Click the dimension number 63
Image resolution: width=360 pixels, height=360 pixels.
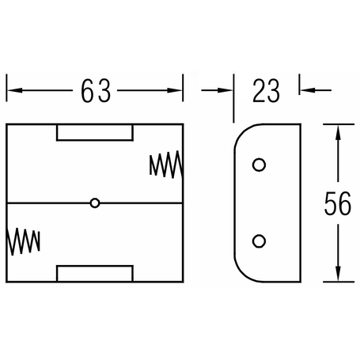(96, 91)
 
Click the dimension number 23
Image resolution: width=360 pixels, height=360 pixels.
(266, 91)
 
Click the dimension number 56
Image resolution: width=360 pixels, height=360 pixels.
(338, 203)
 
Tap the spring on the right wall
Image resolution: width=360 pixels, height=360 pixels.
(166, 164)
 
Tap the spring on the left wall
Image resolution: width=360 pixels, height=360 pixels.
(23, 241)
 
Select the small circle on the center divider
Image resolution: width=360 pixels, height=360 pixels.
(95, 203)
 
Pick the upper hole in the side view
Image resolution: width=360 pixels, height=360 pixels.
(259, 165)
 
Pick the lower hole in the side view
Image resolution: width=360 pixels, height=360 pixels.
(259, 241)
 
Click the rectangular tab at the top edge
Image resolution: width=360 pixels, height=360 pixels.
(95, 132)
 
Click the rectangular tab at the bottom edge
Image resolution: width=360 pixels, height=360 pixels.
(95, 274)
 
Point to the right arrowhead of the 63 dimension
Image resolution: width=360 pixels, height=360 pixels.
(175, 90)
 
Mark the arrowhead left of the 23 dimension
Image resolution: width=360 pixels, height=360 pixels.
(225, 90)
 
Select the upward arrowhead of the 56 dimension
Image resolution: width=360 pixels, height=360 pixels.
(338, 132)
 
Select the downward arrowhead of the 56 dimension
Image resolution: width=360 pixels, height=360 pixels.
(338, 274)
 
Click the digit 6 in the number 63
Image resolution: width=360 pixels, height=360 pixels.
(87, 91)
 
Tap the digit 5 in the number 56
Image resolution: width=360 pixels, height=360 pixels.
(331, 203)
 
